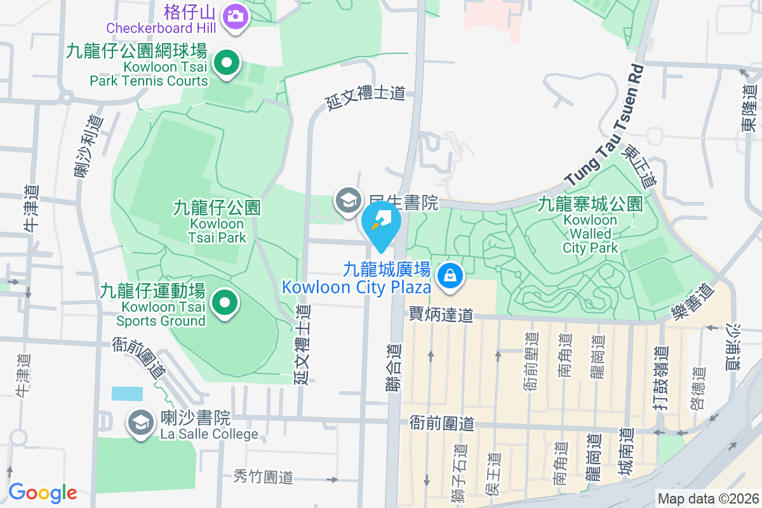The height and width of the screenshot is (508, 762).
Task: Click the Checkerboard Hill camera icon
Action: (x=236, y=15)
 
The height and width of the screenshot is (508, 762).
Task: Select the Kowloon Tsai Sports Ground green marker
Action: (x=224, y=303)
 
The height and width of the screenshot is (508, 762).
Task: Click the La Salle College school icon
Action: (x=140, y=422)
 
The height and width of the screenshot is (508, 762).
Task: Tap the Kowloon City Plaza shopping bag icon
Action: (x=450, y=276)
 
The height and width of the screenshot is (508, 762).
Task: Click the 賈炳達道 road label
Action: (x=441, y=314)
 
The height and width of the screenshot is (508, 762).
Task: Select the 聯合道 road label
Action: (x=394, y=368)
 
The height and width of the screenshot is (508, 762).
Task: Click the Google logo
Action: (x=43, y=492)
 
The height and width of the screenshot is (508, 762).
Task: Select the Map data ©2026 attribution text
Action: (x=707, y=498)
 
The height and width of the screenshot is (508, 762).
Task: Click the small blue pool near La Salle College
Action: (x=127, y=393)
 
